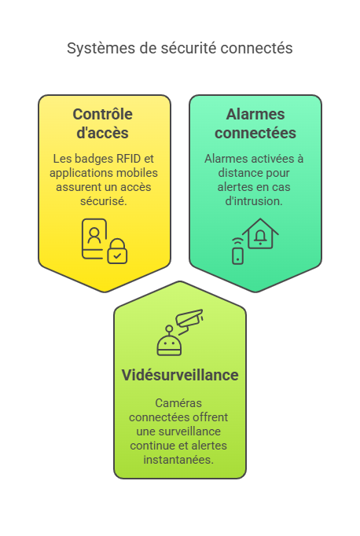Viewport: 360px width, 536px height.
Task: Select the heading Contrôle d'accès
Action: click(x=102, y=123)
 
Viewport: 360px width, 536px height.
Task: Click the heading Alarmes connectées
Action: click(x=255, y=123)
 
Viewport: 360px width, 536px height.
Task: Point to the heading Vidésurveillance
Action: click(x=180, y=375)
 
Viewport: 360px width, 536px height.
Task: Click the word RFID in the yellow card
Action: click(x=129, y=159)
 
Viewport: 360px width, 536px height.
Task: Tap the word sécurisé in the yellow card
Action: click(x=104, y=201)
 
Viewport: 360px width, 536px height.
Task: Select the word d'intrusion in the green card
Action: click(x=254, y=201)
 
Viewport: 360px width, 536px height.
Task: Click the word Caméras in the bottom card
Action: click(x=178, y=403)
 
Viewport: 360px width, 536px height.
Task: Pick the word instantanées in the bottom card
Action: click(x=178, y=460)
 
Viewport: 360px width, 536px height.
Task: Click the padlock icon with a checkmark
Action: click(x=117, y=251)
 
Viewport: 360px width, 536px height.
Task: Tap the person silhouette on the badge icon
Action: click(x=94, y=235)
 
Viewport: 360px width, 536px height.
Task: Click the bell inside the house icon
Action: click(x=260, y=237)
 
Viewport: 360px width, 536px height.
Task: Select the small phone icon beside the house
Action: click(x=237, y=256)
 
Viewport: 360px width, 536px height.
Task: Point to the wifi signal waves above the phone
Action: click(x=237, y=241)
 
